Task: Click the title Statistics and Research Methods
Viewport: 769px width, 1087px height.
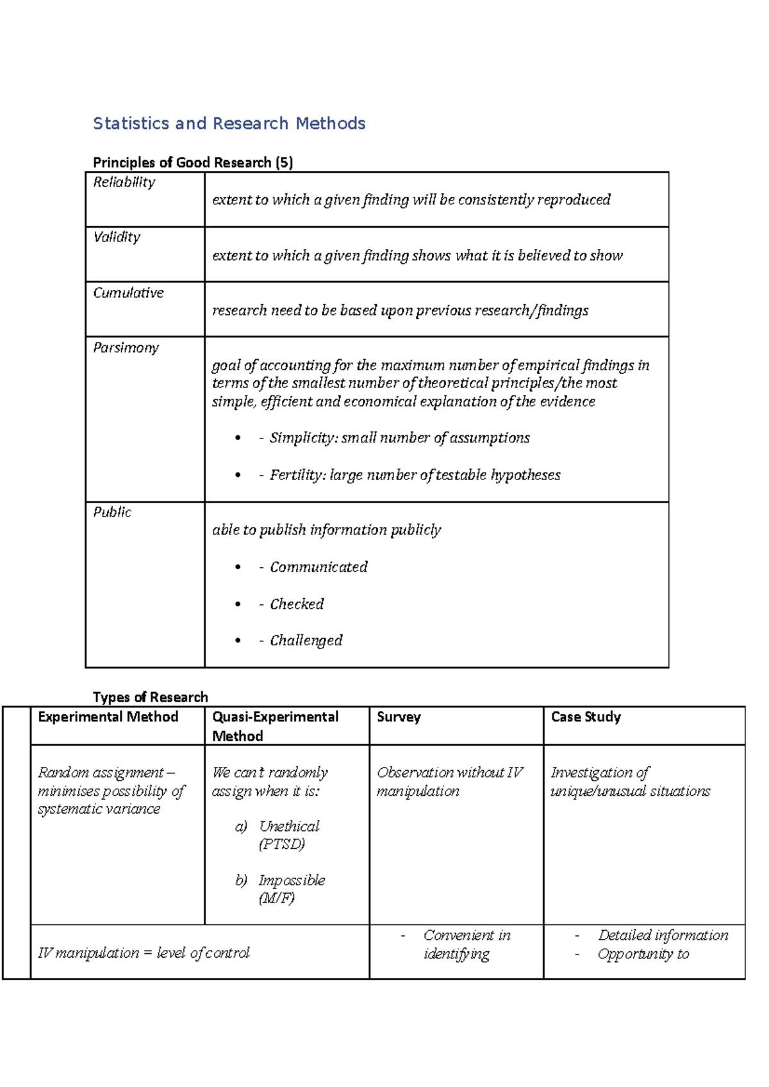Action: coord(229,124)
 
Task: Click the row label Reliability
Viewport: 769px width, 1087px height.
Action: coord(124,182)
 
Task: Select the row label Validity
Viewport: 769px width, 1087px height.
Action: coord(117,238)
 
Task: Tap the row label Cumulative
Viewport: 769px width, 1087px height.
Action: coord(128,293)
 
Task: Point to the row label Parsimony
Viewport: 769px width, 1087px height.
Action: coord(126,348)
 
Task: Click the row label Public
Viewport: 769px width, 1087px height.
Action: coord(112,512)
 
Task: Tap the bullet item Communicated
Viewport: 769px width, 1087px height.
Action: coord(318,567)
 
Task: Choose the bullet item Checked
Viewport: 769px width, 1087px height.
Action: coord(297,604)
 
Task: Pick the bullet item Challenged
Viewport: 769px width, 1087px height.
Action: coord(306,641)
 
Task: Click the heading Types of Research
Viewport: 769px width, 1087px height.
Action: coord(151,697)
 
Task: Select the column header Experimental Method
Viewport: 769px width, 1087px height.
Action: coord(108,717)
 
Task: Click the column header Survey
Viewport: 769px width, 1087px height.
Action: coord(399,717)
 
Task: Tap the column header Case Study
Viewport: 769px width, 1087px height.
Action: coord(586,717)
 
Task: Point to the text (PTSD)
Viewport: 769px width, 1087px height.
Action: coord(282,844)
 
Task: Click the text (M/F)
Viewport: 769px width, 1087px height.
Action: coord(277,898)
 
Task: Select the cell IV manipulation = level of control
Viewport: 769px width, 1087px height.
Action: coord(144,953)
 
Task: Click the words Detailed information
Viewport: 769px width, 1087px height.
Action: coord(663,935)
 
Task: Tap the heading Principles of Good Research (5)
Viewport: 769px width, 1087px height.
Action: coord(193,163)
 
